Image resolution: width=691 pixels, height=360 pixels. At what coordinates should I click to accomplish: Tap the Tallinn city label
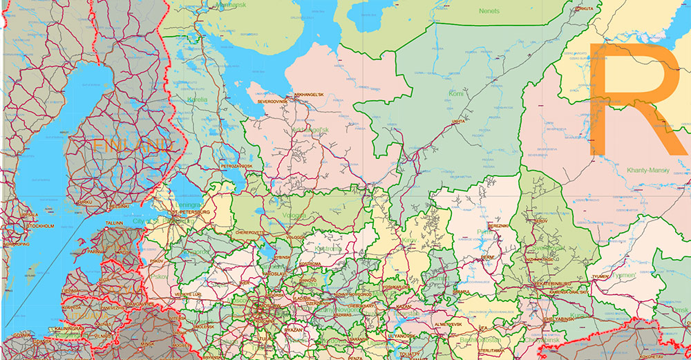115,223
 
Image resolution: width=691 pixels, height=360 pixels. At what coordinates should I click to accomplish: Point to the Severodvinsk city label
272,101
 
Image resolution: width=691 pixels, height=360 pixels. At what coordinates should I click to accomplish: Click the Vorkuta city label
583,9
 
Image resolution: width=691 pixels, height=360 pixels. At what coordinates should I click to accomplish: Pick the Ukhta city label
458,122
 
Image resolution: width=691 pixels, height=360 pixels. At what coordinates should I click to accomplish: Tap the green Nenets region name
489,11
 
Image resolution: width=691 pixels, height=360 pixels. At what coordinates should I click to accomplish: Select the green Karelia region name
197,100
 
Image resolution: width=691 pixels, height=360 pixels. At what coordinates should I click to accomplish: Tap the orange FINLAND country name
131,146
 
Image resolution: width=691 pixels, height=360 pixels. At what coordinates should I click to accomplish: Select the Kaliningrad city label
68,328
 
